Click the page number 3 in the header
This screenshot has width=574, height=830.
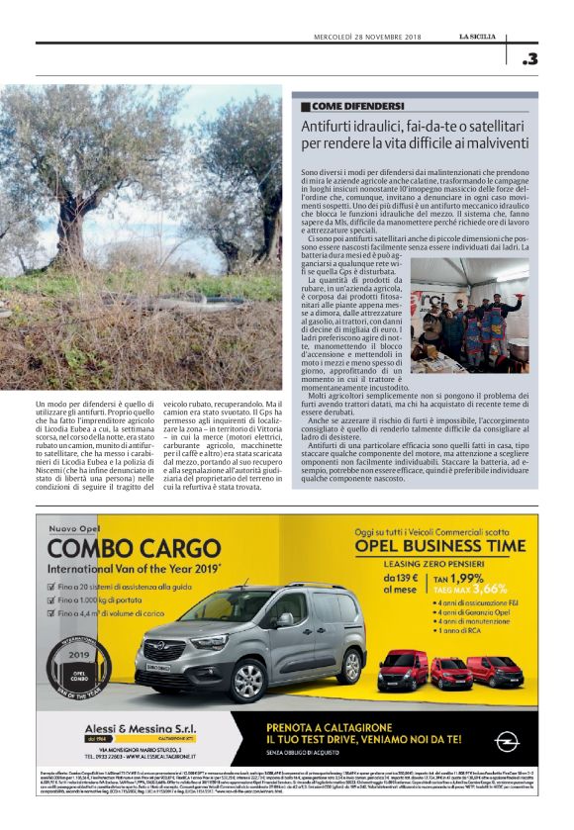click(530, 59)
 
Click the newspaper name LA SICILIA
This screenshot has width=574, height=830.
click(484, 36)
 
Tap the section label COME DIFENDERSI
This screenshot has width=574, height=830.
click(358, 105)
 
